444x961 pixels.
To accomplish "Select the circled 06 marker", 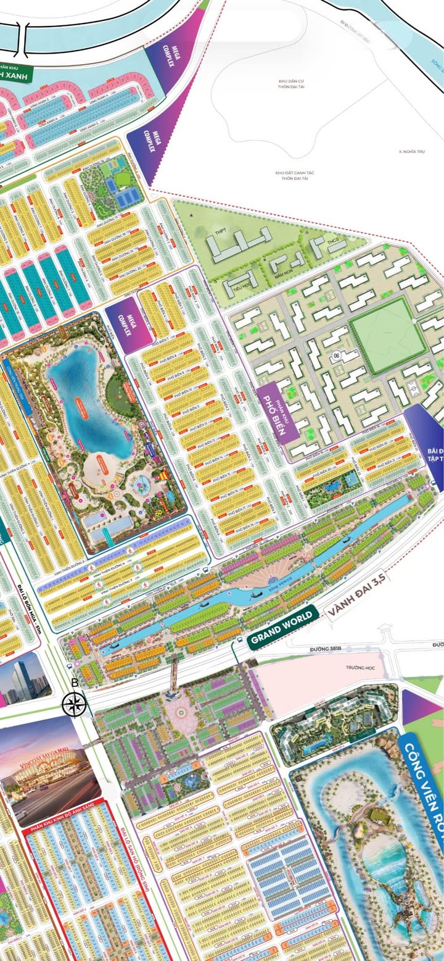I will [337, 356].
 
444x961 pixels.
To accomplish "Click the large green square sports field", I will [379, 335].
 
